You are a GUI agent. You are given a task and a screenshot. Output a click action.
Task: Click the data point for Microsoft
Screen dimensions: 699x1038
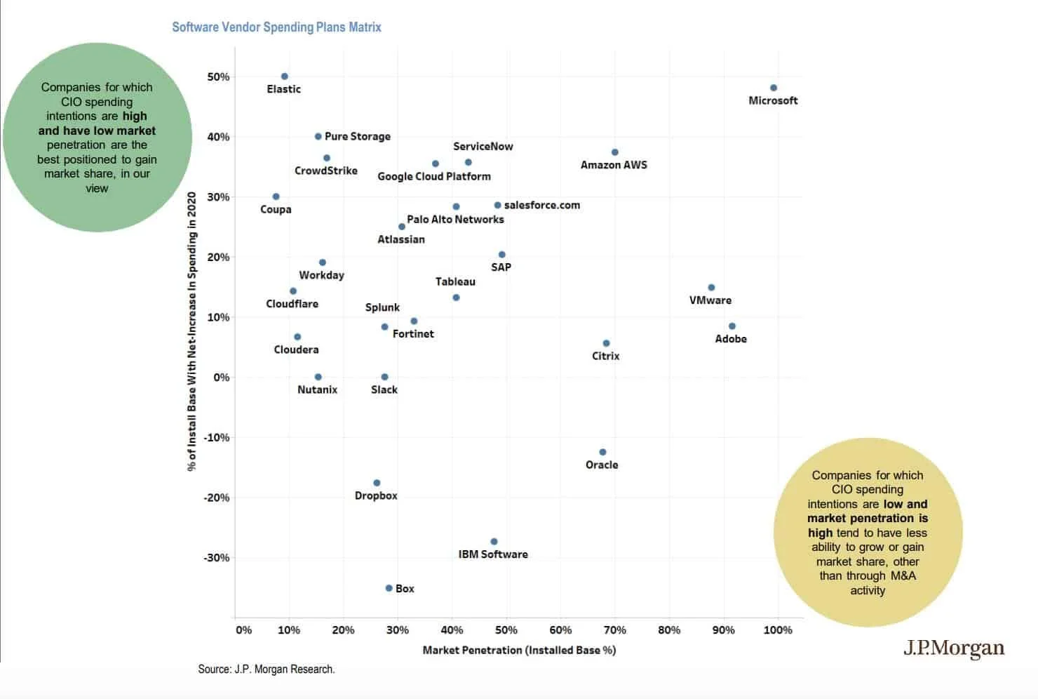774,88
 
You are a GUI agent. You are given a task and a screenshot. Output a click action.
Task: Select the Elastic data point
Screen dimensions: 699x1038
284,76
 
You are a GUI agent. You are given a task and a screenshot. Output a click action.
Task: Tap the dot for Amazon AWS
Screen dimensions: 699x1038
614,152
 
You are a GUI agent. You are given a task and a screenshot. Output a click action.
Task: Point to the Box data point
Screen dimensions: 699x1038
389,588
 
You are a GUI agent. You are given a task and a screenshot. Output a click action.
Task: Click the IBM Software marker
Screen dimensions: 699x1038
494,542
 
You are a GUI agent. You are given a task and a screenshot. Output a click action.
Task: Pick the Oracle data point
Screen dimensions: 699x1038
602,452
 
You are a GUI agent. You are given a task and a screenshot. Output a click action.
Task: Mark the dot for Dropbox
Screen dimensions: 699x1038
377,483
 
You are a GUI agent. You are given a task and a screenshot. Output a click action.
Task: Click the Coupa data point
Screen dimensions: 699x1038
276,197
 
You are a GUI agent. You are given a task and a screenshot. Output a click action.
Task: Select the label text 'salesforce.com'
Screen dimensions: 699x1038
541,205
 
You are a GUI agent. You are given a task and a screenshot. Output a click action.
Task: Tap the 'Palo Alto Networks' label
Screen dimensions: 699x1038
455,219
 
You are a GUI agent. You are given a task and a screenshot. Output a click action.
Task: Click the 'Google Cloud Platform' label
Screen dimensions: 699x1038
434,176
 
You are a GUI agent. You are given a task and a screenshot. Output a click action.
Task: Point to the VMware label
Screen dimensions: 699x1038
710,300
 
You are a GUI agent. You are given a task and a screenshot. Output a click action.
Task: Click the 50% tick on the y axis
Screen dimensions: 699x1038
218,76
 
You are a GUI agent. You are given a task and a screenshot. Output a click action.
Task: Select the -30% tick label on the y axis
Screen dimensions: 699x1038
217,558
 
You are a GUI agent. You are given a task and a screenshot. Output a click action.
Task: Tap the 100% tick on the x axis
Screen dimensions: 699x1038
778,630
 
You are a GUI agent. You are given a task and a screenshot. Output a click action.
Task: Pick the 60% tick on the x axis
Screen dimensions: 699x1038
560,630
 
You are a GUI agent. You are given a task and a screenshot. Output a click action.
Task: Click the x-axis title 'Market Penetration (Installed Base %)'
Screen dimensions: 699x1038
519,650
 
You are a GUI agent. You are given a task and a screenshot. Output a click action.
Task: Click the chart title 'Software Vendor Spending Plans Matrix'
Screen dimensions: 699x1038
276,27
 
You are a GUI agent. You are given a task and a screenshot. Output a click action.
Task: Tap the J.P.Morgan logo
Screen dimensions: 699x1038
953,648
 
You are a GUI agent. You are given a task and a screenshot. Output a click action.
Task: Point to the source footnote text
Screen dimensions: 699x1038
267,669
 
